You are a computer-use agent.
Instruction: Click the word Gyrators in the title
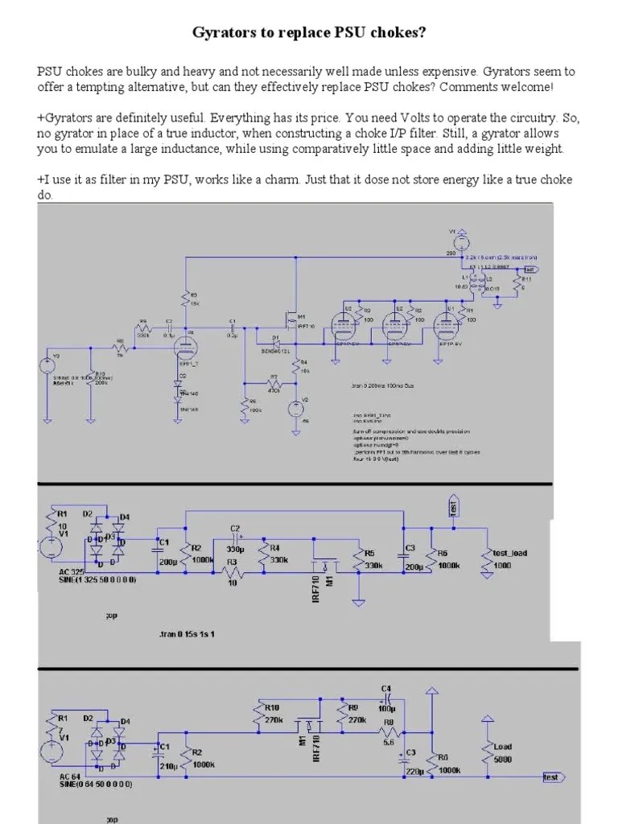(223, 33)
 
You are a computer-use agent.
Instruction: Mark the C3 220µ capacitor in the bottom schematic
(404, 760)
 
